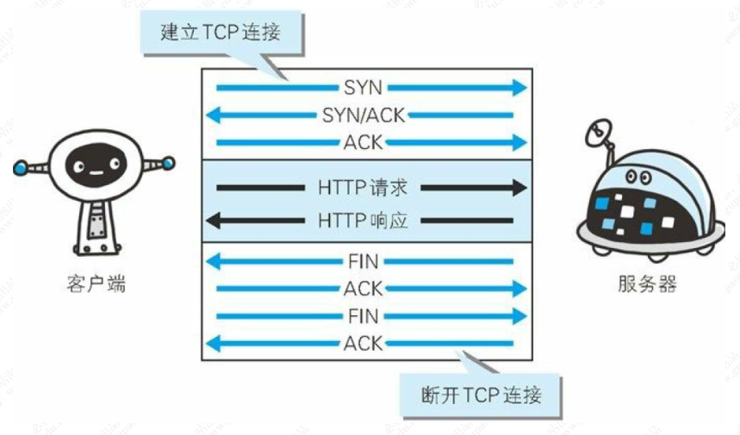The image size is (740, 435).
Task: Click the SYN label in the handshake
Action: (x=363, y=88)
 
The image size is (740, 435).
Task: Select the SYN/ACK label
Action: (x=363, y=115)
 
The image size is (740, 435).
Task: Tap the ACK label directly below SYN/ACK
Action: (x=363, y=141)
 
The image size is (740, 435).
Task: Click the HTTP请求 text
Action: (x=363, y=188)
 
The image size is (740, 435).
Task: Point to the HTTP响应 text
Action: (x=363, y=221)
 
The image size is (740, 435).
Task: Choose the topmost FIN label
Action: (x=363, y=261)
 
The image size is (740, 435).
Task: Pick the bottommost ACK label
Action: (x=363, y=344)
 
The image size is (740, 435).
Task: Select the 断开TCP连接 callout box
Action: (x=482, y=395)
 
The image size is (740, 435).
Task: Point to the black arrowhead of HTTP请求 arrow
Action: (x=517, y=188)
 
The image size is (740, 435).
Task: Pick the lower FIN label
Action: (x=363, y=316)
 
